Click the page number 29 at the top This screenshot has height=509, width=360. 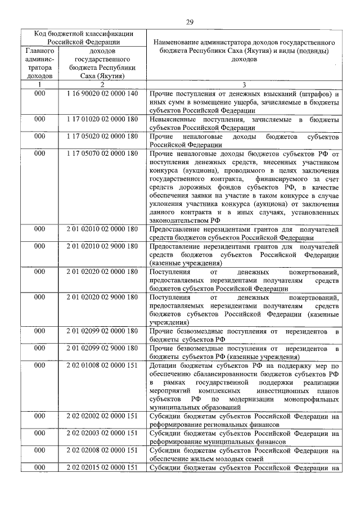tap(190, 22)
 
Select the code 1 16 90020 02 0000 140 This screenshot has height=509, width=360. tap(102, 93)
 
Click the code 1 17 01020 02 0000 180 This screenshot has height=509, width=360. tap(102, 120)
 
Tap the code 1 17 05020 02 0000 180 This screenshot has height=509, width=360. tap(102, 137)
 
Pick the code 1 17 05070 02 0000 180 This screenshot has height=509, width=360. tap(102, 154)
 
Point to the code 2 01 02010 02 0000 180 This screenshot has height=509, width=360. tap(102, 229)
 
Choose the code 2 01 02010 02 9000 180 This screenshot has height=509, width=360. tap(102, 246)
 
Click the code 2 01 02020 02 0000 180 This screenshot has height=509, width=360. tap(102, 272)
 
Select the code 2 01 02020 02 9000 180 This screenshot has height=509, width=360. tap(102, 298)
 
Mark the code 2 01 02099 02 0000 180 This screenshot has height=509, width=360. tap(102, 332)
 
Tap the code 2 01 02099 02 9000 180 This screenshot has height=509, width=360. tap(102, 349)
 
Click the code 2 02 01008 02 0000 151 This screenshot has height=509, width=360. tap(102, 366)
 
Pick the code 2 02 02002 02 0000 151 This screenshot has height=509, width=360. tap(102, 417)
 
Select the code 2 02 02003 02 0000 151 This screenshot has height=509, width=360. tap(102, 434)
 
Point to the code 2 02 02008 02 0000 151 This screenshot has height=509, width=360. tap(102, 451)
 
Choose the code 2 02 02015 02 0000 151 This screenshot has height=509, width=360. tap(102, 468)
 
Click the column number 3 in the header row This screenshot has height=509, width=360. tap(244, 85)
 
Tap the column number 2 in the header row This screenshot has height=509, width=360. tap(102, 85)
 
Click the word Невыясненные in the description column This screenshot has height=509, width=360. tap(175, 120)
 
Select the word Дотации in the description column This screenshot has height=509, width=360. tap(163, 366)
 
